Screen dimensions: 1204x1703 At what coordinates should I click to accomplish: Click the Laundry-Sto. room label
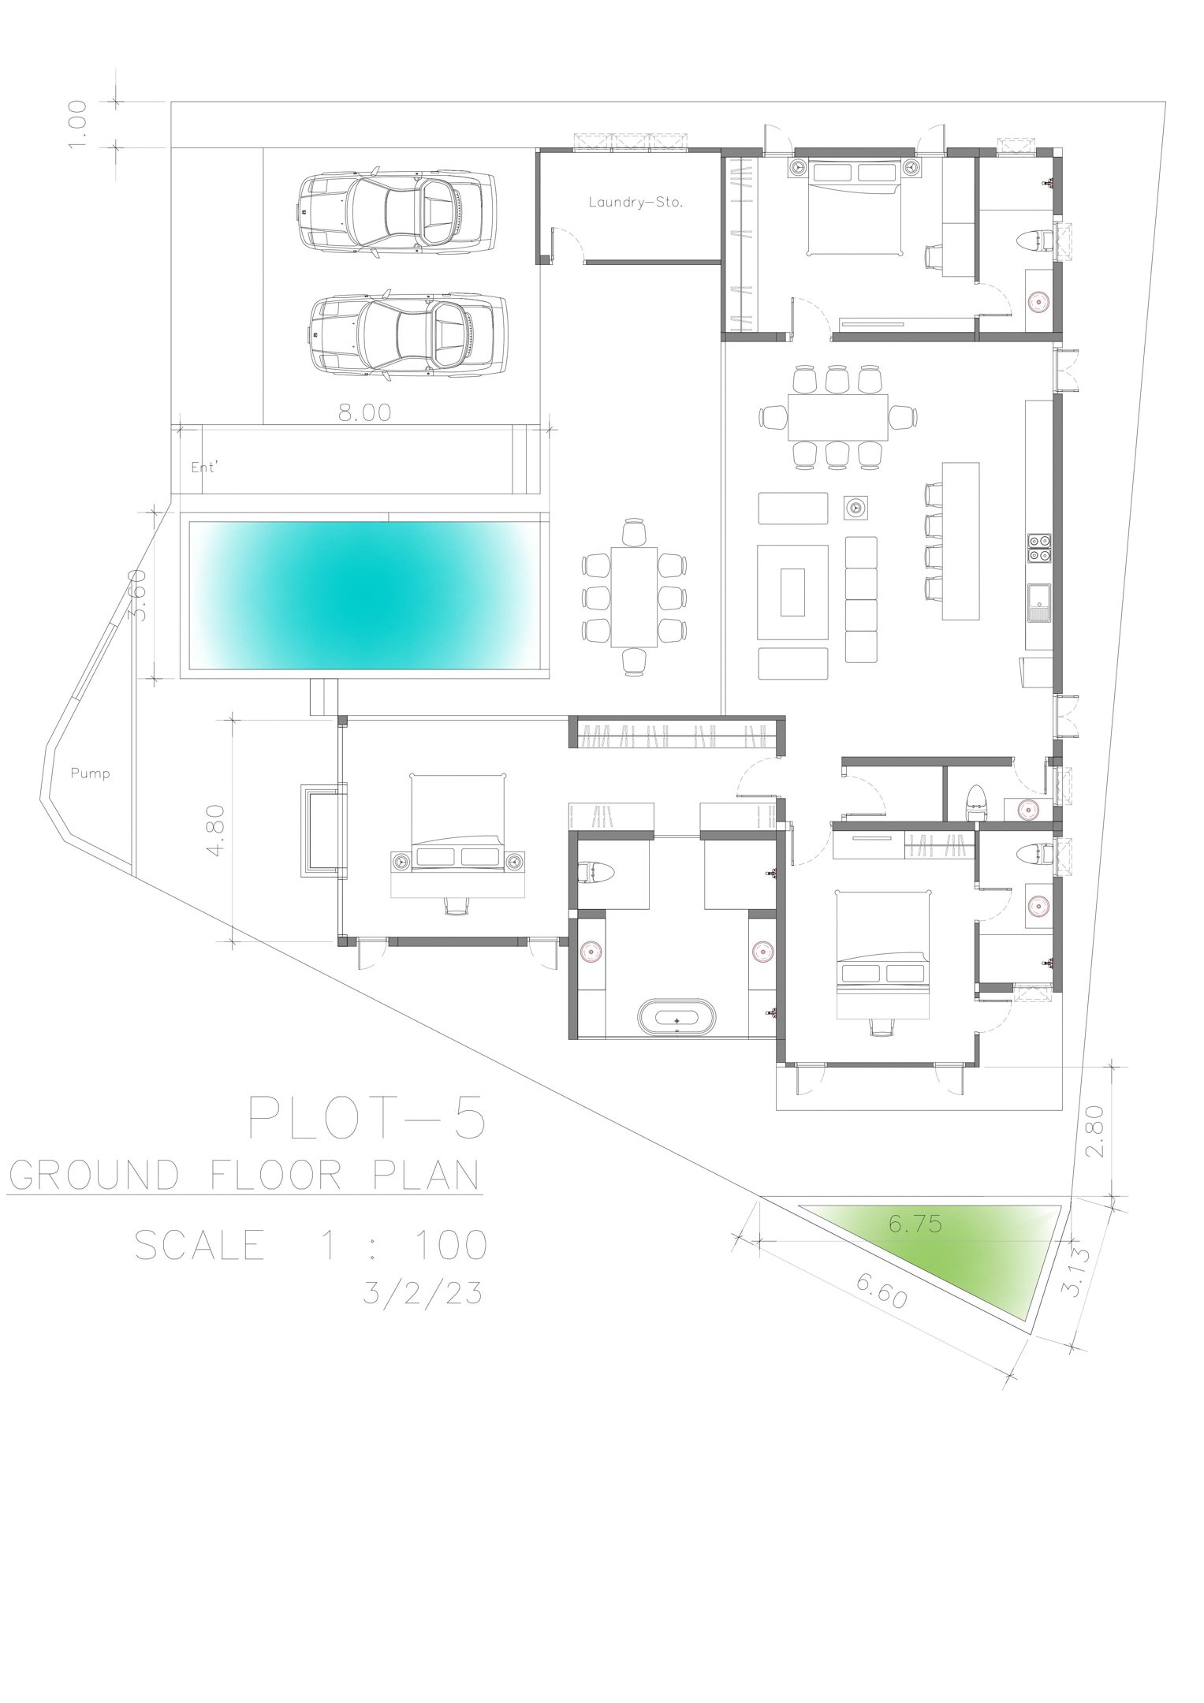(x=636, y=202)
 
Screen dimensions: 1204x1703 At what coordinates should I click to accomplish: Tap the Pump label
(x=91, y=773)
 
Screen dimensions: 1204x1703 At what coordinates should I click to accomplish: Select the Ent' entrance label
(x=204, y=467)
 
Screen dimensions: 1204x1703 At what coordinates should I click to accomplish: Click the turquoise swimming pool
(x=363, y=595)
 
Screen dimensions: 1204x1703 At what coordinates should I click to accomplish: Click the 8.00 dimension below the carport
(x=365, y=412)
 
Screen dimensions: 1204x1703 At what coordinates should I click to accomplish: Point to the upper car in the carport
(x=398, y=211)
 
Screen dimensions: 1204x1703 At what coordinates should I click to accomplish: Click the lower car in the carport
(x=406, y=336)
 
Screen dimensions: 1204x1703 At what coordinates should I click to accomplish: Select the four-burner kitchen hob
(x=1039, y=546)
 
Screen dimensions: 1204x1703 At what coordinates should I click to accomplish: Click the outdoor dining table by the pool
(x=634, y=597)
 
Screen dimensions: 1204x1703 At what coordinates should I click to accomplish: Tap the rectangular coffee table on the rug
(x=793, y=592)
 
